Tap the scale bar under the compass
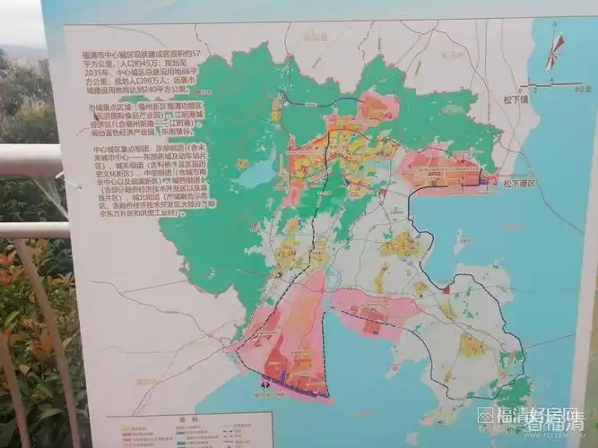[x=550, y=87]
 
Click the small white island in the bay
[x=462, y=240]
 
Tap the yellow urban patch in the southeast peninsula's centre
[x=470, y=345]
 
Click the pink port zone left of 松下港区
[x=439, y=170]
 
